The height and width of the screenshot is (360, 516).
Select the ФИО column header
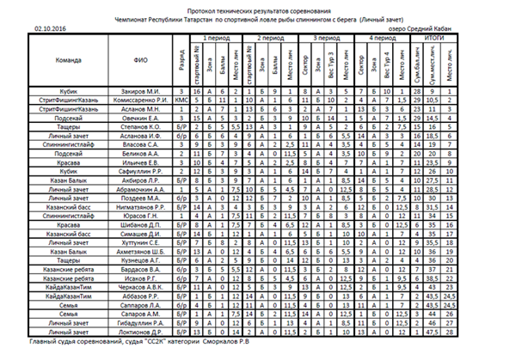(x=142, y=60)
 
